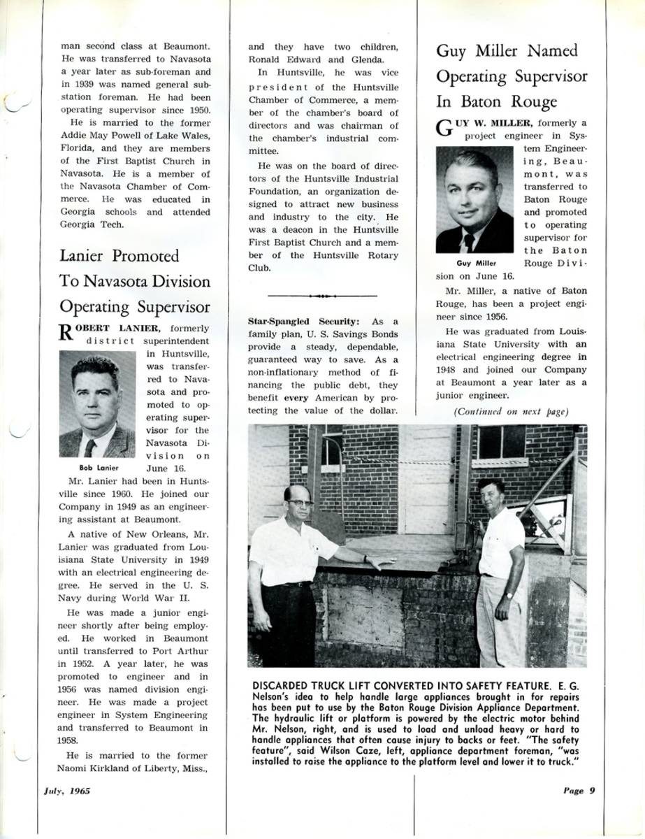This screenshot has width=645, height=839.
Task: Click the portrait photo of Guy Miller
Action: click(474, 200)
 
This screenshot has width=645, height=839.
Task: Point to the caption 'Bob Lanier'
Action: click(99, 468)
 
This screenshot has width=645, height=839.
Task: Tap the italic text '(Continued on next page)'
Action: click(511, 412)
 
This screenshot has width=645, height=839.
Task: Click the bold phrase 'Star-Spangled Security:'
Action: click(304, 321)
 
